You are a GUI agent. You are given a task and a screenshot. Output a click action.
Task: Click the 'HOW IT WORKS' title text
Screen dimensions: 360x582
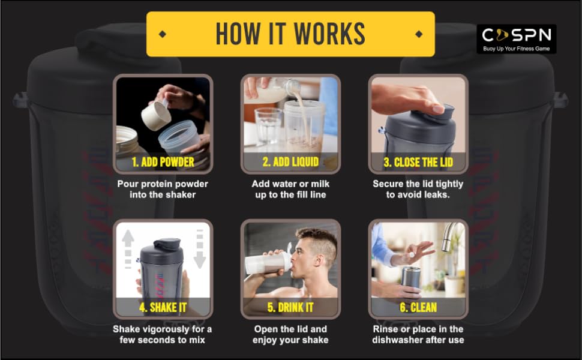point(290,34)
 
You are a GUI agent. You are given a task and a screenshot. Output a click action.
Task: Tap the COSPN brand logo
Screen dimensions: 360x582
point(516,35)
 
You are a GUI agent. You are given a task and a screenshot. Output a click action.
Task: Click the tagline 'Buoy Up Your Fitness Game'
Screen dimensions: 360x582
point(516,48)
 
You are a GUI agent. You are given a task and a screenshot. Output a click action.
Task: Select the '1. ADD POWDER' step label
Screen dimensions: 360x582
point(162,161)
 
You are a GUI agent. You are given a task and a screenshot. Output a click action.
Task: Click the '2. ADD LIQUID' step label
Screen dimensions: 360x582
point(290,161)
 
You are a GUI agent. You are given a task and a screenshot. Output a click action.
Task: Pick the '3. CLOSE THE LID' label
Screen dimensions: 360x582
point(418,161)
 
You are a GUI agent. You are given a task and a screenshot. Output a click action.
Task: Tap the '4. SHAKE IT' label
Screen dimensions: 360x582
point(162,307)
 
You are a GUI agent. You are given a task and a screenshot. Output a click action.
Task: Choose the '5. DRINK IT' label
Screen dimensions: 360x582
point(290,307)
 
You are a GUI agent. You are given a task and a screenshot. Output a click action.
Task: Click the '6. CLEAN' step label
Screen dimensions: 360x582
point(418,307)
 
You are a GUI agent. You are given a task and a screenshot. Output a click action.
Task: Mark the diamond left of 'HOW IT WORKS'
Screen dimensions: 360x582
point(163,34)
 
